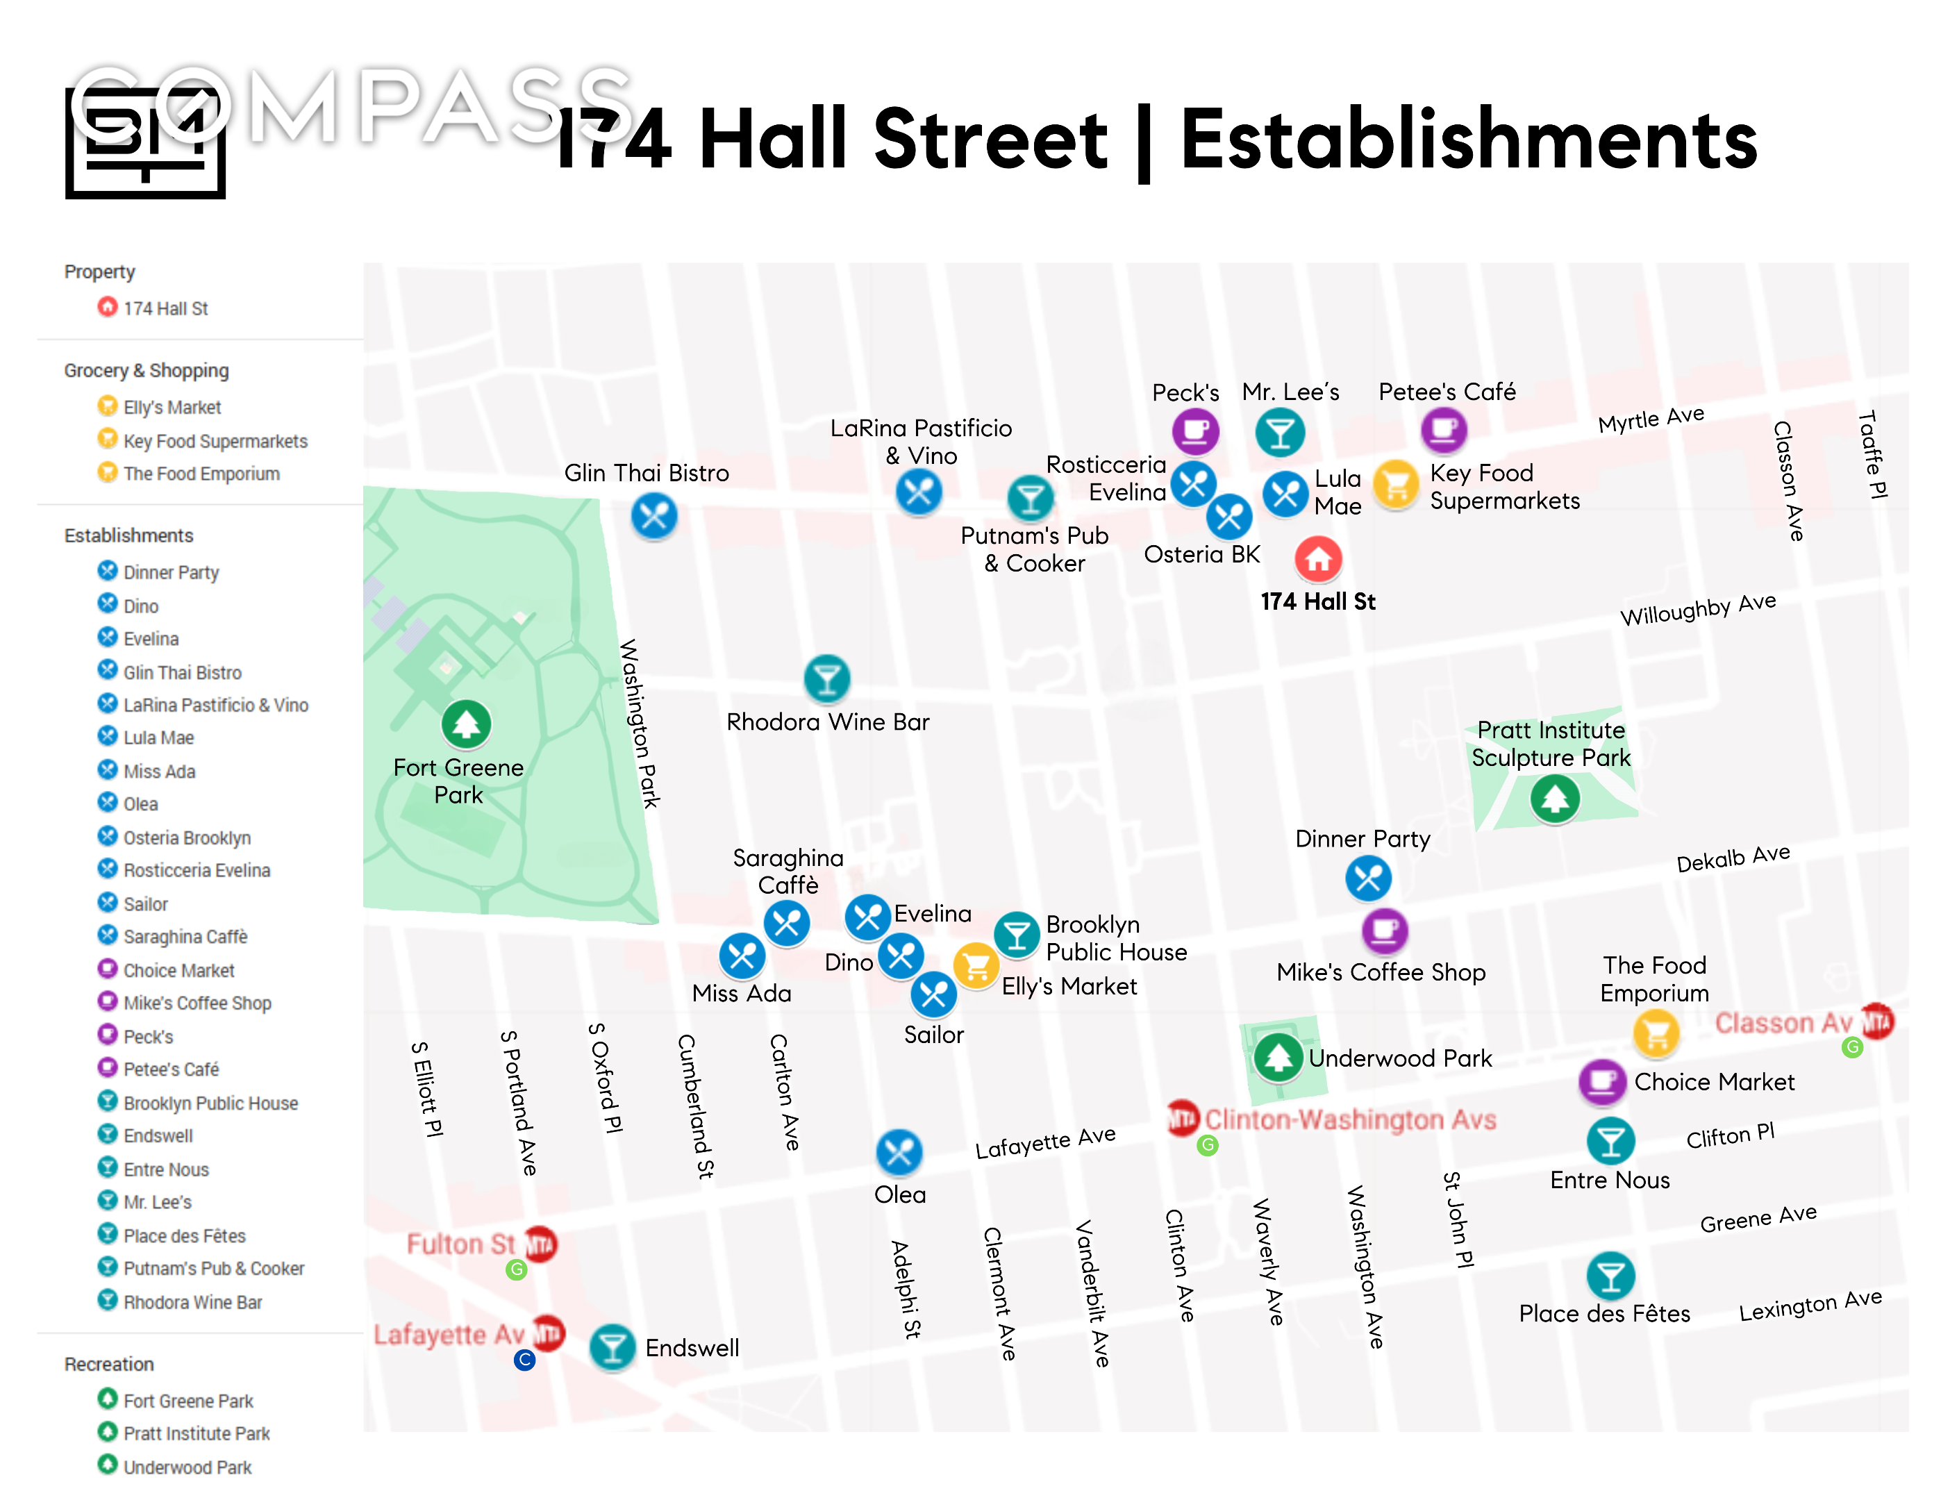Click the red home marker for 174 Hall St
pyautogui.click(x=1318, y=559)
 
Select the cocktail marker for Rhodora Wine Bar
pyautogui.click(x=826, y=680)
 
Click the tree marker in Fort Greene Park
pyautogui.click(x=466, y=724)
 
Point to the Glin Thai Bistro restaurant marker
pyautogui.click(x=654, y=515)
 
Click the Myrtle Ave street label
pyautogui.click(x=1651, y=419)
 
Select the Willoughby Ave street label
pyautogui.click(x=1697, y=610)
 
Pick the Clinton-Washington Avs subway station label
pyautogui.click(x=1349, y=1119)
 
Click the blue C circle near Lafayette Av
pyautogui.click(x=524, y=1360)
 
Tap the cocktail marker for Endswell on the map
pyautogui.click(x=613, y=1347)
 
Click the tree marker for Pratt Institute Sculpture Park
pyautogui.click(x=1554, y=799)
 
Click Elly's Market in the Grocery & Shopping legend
pyautogui.click(x=172, y=407)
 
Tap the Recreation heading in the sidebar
pyautogui.click(x=108, y=1364)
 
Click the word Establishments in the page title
pyautogui.click(x=1468, y=140)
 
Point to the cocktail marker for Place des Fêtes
pyautogui.click(x=1610, y=1276)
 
